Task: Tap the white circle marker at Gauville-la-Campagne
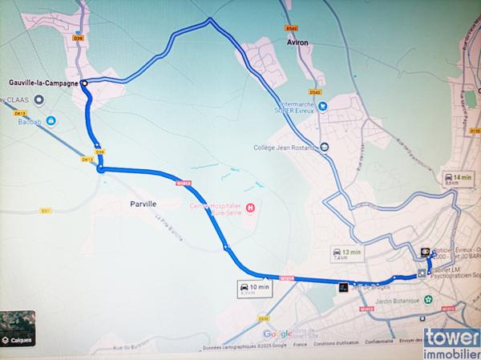pyautogui.click(x=83, y=81)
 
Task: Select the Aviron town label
pyautogui.click(x=297, y=45)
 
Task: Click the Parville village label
pyautogui.click(x=142, y=204)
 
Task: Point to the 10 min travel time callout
pyautogui.click(x=254, y=288)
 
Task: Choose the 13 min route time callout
pyautogui.click(x=349, y=254)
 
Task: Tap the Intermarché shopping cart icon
pyautogui.click(x=321, y=104)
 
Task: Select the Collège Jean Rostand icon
pyautogui.click(x=324, y=147)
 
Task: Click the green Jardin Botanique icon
pyautogui.click(x=428, y=300)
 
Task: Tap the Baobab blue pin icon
pyautogui.click(x=51, y=121)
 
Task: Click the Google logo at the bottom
pyautogui.click(x=277, y=334)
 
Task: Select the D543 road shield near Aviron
pyautogui.click(x=291, y=29)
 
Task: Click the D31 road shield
pyautogui.click(x=46, y=211)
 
